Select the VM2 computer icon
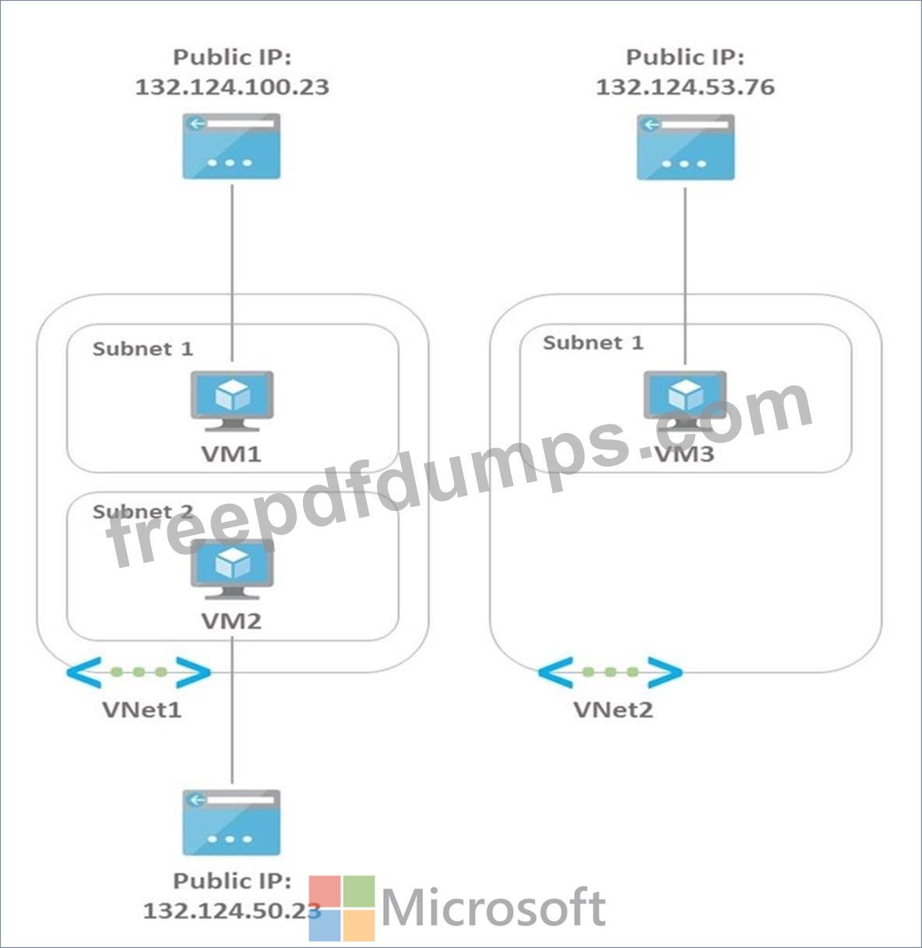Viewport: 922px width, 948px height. [x=232, y=569]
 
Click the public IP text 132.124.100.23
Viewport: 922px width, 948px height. [x=232, y=86]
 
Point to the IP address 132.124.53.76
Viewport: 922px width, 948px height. [x=685, y=86]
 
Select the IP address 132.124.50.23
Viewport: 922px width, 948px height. [x=232, y=910]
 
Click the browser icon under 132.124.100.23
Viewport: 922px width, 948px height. [x=231, y=146]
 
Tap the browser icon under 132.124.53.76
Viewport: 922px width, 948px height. [x=685, y=147]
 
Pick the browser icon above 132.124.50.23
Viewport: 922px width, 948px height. [x=231, y=823]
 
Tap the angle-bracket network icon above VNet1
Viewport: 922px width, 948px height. [x=139, y=672]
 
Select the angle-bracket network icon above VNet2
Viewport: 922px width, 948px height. [x=610, y=672]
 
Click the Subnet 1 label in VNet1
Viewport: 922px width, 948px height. [x=143, y=348]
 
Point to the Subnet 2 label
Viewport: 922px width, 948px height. [x=143, y=512]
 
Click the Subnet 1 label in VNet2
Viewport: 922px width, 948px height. [x=593, y=343]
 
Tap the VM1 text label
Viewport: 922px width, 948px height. [x=231, y=453]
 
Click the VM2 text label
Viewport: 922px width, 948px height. [x=231, y=621]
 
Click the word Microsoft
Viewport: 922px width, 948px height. [x=494, y=908]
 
